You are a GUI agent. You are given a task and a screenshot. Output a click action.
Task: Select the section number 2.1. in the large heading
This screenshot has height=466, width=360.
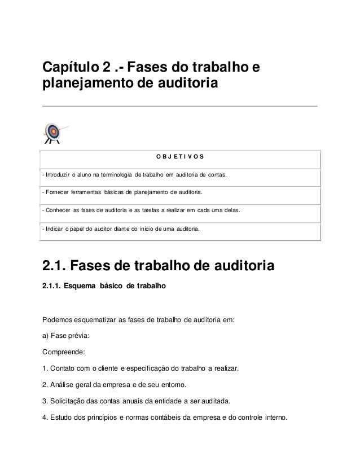(56, 265)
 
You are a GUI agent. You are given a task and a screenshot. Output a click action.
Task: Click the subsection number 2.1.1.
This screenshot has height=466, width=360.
(51, 287)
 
